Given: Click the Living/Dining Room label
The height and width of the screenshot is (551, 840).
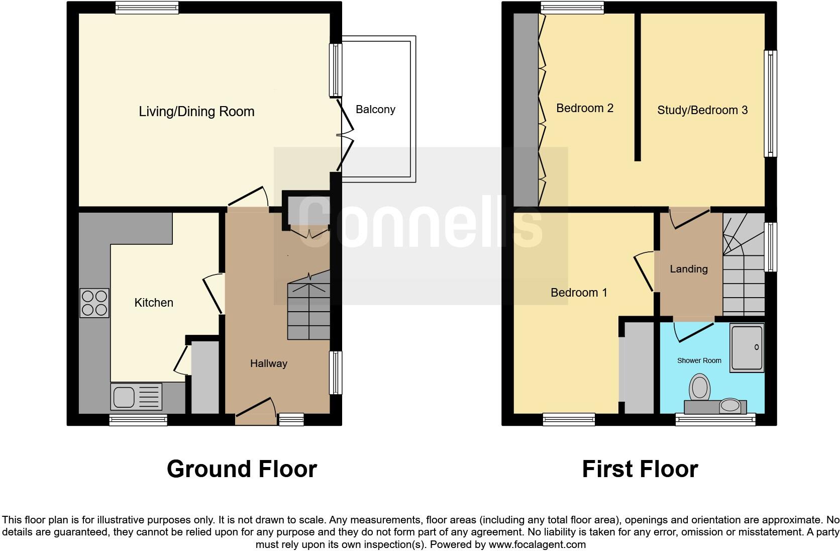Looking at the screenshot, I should tap(196, 111).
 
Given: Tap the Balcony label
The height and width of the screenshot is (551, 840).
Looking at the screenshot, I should tap(375, 109).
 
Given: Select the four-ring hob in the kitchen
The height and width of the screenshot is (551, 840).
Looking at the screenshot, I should tap(94, 303).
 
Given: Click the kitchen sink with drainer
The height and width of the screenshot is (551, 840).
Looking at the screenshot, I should tap(136, 397).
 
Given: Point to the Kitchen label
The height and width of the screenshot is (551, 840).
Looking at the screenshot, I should tap(154, 302).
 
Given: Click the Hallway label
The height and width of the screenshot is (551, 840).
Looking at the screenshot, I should tap(269, 363).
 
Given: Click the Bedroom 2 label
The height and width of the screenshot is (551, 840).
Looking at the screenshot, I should tap(585, 108).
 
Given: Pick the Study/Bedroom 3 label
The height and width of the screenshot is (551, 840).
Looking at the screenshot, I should tap(702, 110).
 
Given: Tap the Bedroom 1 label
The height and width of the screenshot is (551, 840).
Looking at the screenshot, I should tap(579, 292).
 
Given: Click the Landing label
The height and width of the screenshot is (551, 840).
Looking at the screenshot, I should tap(688, 269).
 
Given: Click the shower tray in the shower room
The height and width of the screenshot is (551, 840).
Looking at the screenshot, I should tap(747, 347).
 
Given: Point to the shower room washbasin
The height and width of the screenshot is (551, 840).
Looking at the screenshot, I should tap(730, 406).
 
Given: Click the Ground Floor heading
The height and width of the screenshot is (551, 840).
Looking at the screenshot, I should tap(242, 469).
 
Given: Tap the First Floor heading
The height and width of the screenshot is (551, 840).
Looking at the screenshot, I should tap(640, 469).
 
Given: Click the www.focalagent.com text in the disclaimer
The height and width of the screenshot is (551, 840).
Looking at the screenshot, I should tap(537, 544).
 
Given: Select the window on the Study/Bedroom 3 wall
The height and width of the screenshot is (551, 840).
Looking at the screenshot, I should tap(770, 104).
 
